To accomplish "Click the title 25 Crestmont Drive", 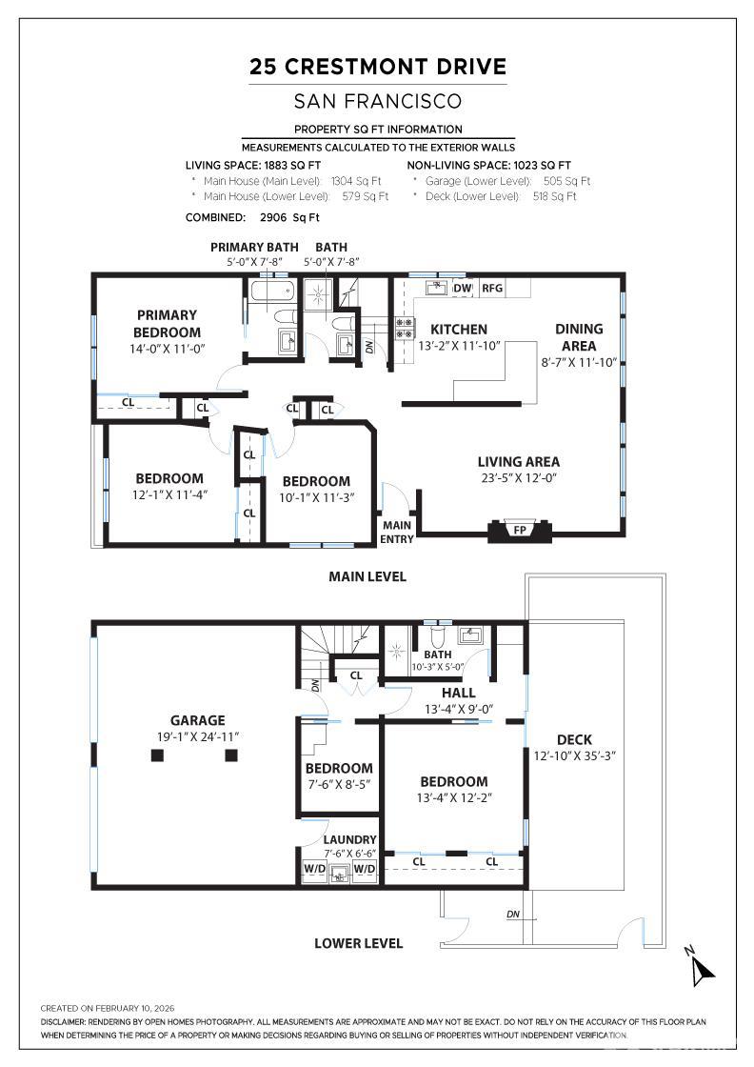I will pyautogui.click(x=377, y=67).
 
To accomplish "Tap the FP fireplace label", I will pyautogui.click(x=520, y=530).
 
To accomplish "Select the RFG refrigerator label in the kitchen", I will pyautogui.click(x=492, y=288).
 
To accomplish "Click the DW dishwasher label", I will pyautogui.click(x=462, y=288).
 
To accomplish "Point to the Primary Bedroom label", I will pyautogui.click(x=167, y=322).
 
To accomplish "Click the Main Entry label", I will pyautogui.click(x=397, y=532).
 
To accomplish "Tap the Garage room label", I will pyautogui.click(x=197, y=720).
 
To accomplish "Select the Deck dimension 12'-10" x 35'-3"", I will pyautogui.click(x=574, y=756).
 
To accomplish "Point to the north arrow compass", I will pyautogui.click(x=702, y=966).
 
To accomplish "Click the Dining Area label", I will pyautogui.click(x=579, y=337).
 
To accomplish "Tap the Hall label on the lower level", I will pyautogui.click(x=459, y=693).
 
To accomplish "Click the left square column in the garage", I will pyautogui.click(x=158, y=755).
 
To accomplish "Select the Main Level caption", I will pyautogui.click(x=367, y=576).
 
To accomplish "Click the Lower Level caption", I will pyautogui.click(x=359, y=943).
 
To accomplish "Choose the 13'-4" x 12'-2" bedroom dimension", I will pyautogui.click(x=454, y=797).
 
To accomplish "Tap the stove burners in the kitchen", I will pyautogui.click(x=405, y=329).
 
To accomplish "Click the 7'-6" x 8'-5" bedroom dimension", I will pyautogui.click(x=338, y=784).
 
